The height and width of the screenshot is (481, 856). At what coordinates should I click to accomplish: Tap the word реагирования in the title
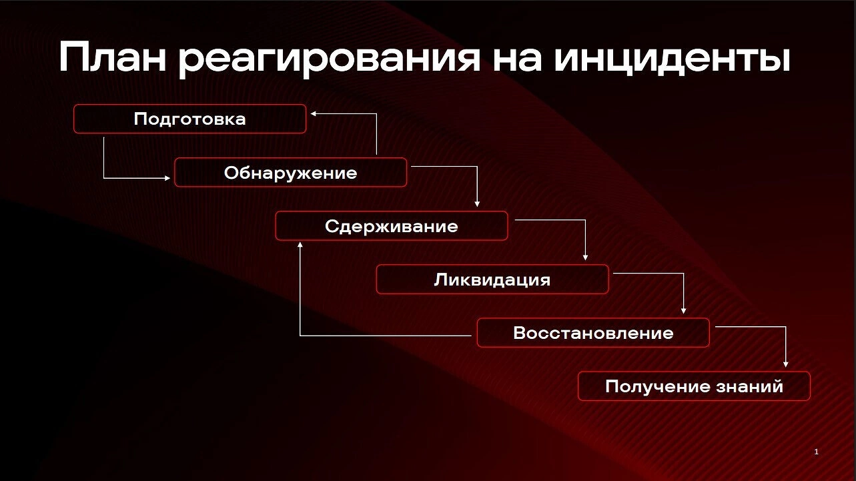coord(329,59)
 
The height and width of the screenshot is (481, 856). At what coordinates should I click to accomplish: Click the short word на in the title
coord(516,60)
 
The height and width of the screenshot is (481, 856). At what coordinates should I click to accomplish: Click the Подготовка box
coord(190,119)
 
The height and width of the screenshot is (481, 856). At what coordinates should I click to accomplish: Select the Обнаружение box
coord(290,172)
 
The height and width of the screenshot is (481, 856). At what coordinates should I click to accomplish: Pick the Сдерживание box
coord(392,225)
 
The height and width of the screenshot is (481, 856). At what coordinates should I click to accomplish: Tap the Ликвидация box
coord(492,280)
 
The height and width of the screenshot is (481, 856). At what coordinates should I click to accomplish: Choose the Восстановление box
coord(594,333)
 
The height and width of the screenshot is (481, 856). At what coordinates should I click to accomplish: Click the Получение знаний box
coord(694,386)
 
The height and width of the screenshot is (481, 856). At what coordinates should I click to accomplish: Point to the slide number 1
coord(816,452)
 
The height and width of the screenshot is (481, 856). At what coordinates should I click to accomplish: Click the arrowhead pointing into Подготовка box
coord(313,113)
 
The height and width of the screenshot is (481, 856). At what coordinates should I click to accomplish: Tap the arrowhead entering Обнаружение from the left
coord(167,178)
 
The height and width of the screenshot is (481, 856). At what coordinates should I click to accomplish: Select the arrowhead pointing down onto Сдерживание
coord(477,204)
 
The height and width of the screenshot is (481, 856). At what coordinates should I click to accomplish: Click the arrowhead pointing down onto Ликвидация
coord(585,258)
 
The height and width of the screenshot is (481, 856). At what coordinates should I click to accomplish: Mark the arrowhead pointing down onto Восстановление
coord(684,311)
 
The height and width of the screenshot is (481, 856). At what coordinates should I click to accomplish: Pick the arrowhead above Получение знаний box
coord(786,364)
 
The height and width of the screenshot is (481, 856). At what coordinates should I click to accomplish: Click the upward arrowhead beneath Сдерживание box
coord(300,245)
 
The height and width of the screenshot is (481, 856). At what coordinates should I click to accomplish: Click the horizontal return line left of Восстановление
coord(386,336)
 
